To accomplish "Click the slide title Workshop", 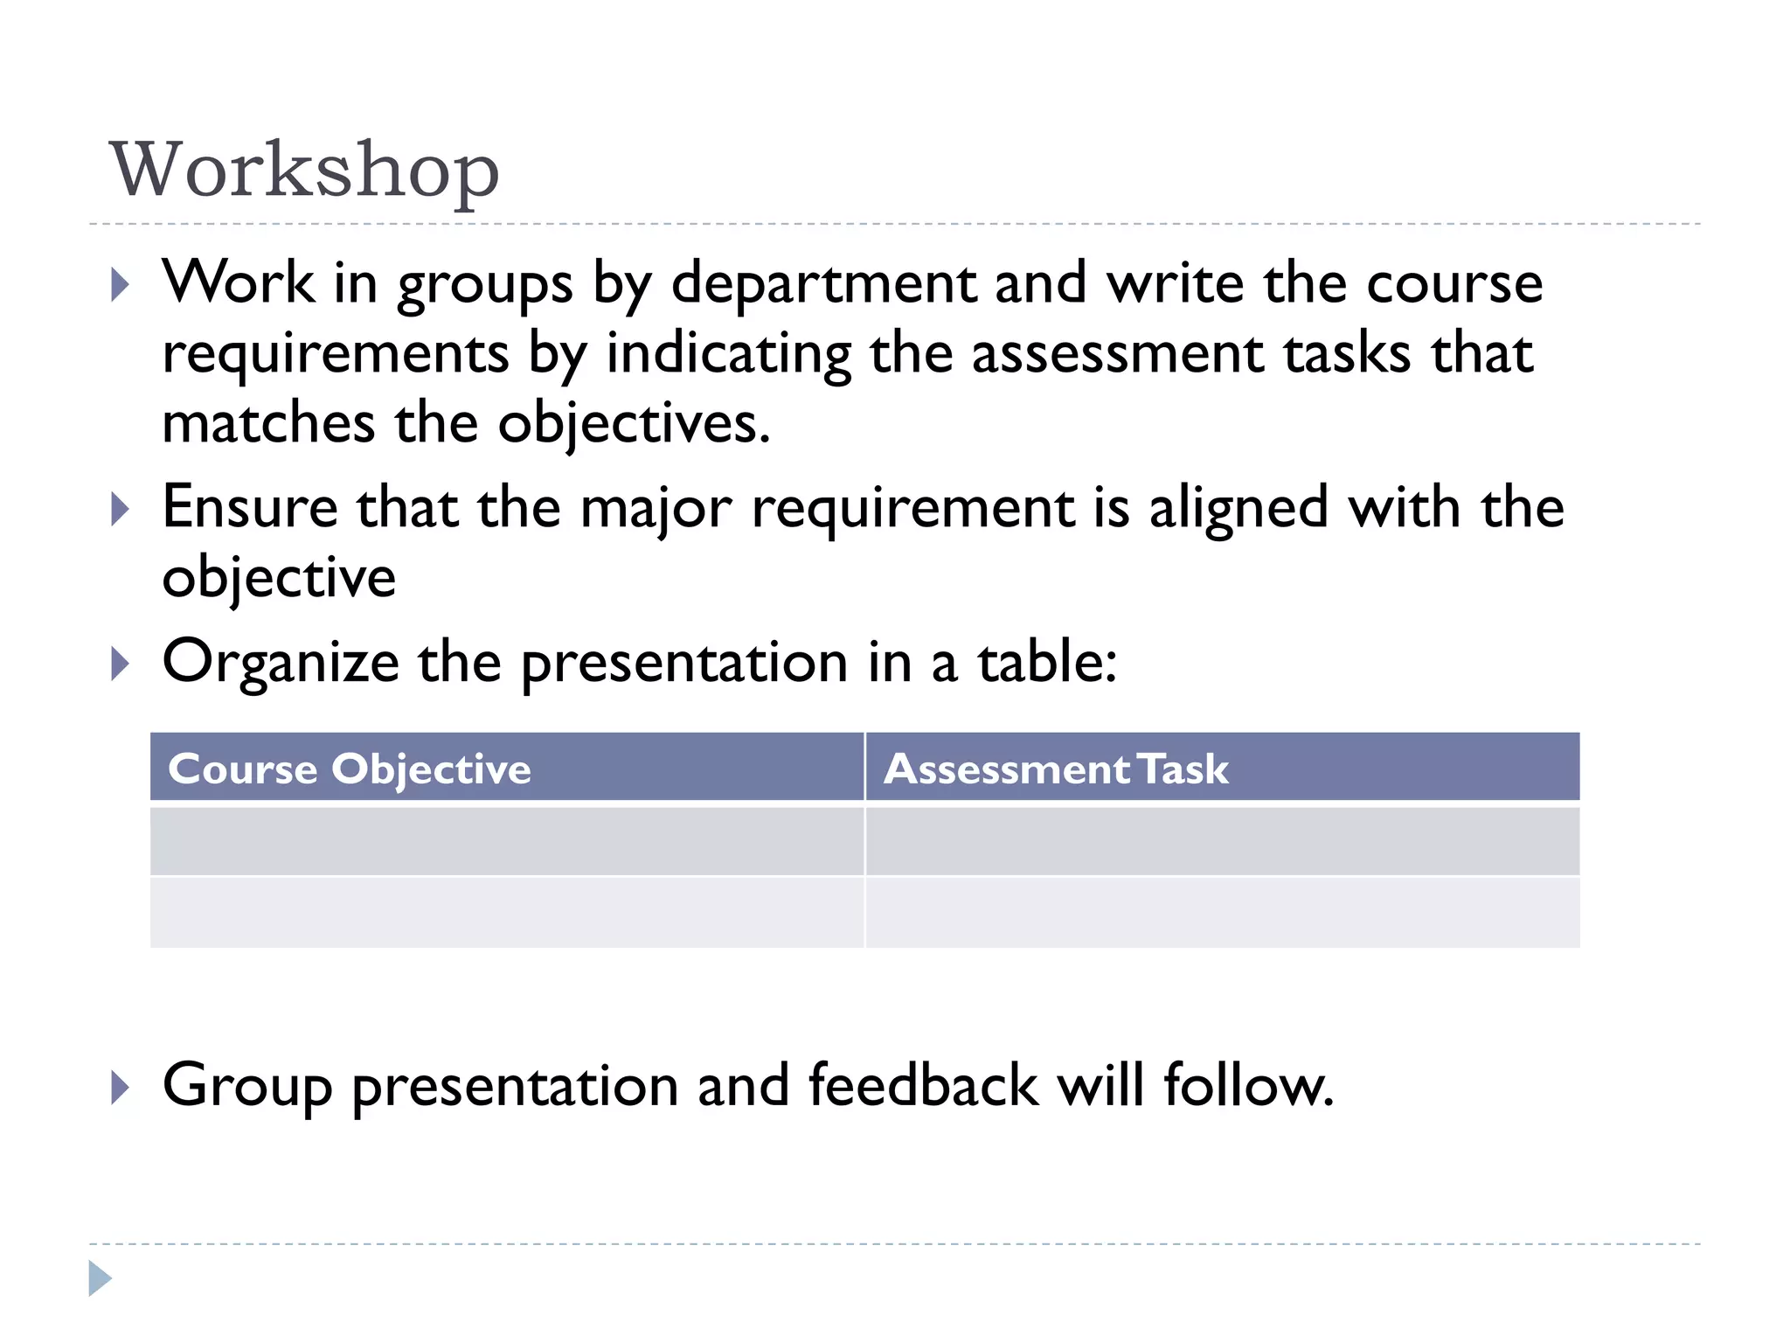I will click(x=304, y=170).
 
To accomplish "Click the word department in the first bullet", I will click(x=823, y=283).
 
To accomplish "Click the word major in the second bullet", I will click(x=656, y=509).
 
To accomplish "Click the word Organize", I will click(x=281, y=662).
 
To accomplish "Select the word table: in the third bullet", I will click(x=1047, y=662).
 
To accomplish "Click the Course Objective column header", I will click(x=350, y=769).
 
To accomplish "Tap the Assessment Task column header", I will click(x=1056, y=769).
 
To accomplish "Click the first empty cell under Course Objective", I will click(x=507, y=841).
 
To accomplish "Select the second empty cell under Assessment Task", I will click(x=1222, y=912).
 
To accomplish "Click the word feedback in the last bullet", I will click(x=923, y=1085).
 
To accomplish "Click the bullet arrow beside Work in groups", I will click(x=121, y=285).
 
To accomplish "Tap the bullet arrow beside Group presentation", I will click(x=121, y=1088).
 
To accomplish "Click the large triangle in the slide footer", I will click(x=100, y=1278).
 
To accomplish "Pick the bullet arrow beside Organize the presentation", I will click(x=121, y=665).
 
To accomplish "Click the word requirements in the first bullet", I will click(x=336, y=354).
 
